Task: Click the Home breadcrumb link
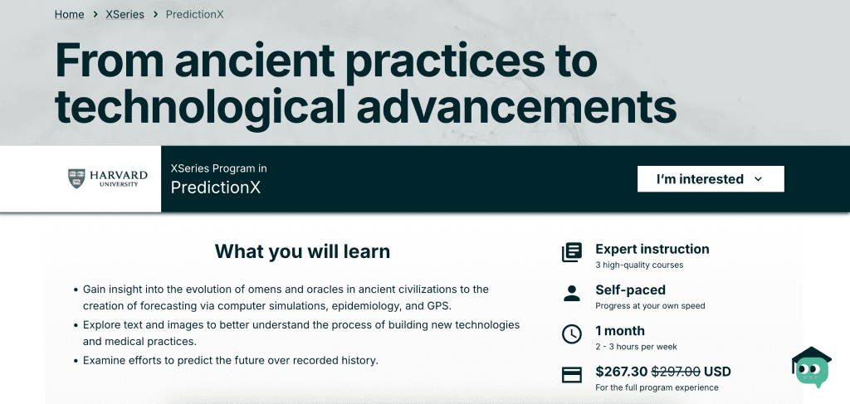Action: [x=70, y=15]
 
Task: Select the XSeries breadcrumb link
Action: [x=125, y=15]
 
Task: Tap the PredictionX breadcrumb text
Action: [x=194, y=15]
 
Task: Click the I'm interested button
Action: [x=711, y=178]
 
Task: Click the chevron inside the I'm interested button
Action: [x=759, y=179]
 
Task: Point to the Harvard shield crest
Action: [x=76, y=178]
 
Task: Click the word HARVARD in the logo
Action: [x=119, y=176]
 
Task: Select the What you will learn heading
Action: [x=302, y=251]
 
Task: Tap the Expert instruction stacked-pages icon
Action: [x=571, y=252]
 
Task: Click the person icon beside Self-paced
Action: [x=571, y=294]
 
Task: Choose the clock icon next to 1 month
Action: [x=571, y=334]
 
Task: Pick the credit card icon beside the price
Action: [x=571, y=375]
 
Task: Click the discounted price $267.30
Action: [x=621, y=372]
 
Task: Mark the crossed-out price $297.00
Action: [x=676, y=372]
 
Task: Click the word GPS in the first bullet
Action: [x=438, y=306]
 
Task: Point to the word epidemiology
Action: [x=365, y=306]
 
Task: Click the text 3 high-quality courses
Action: [x=639, y=265]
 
